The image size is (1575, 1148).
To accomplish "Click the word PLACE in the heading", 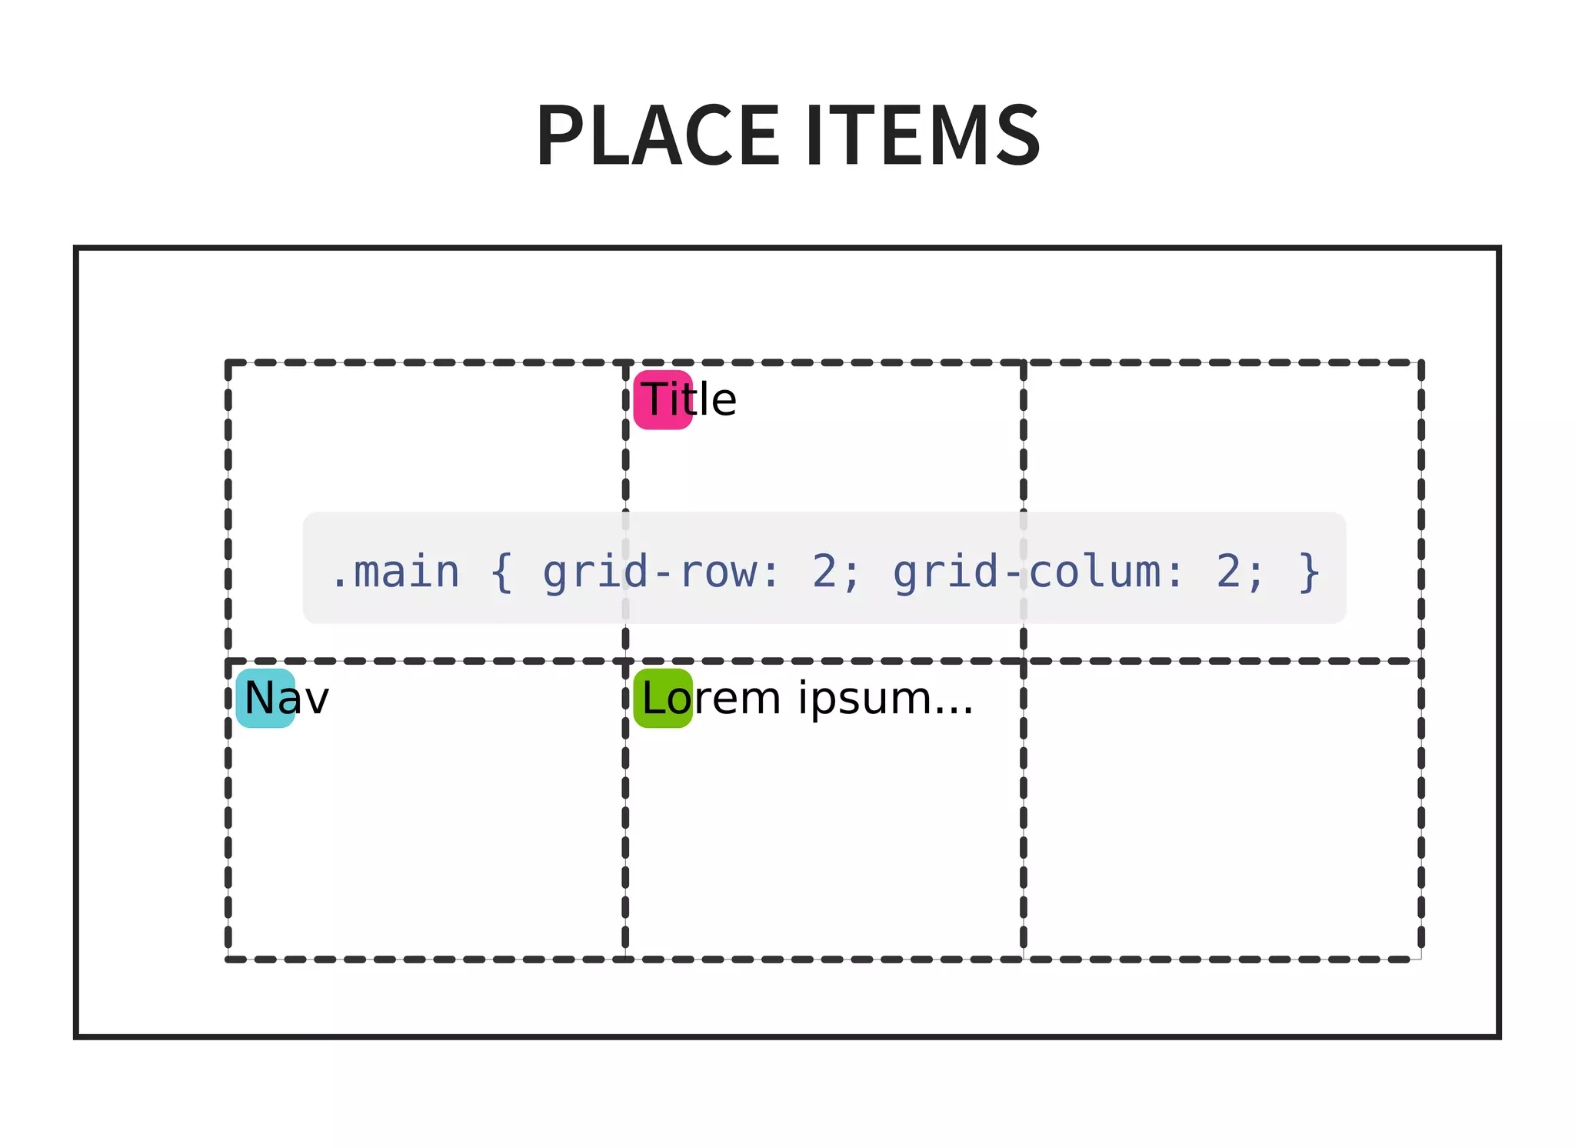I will (x=658, y=135).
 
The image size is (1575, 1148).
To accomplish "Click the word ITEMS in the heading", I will (x=923, y=135).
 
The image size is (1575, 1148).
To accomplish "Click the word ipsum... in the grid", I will (x=885, y=699).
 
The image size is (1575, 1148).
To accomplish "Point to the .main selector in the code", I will (x=395, y=572).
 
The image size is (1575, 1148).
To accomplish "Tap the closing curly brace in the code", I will (x=1309, y=572).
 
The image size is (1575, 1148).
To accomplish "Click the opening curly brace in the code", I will (x=501, y=572).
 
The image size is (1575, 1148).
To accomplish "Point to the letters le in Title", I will (x=719, y=400).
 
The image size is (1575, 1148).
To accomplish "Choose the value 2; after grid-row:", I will (x=834, y=572).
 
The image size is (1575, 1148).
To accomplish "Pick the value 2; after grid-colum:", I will (x=1239, y=572).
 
